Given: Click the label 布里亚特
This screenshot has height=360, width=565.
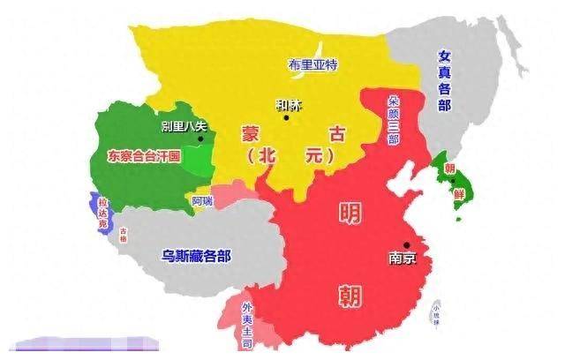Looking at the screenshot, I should (x=314, y=65).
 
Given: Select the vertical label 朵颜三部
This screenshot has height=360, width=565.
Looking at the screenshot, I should (x=394, y=124).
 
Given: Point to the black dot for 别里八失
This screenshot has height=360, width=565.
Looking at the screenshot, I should (x=201, y=139).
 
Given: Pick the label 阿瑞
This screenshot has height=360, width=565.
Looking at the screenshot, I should (x=202, y=200).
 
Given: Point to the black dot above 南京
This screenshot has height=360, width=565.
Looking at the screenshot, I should (x=407, y=245).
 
